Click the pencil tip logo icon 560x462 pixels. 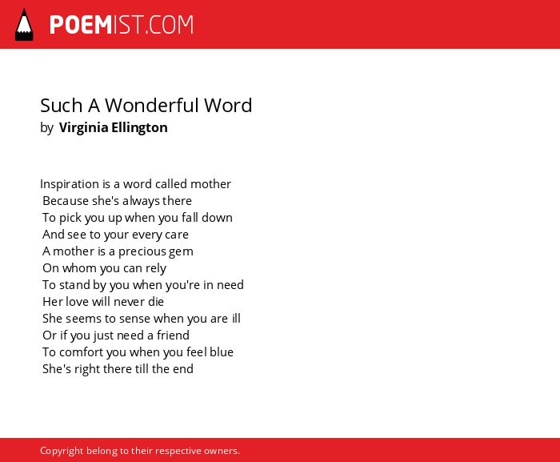(x=24, y=25)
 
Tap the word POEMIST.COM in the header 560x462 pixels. (x=122, y=25)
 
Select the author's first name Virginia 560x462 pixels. (x=83, y=127)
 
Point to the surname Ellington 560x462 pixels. (x=139, y=127)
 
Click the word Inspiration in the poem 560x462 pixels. (x=70, y=184)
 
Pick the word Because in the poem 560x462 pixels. (x=66, y=201)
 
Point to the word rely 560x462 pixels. (x=155, y=268)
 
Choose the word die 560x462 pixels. (x=156, y=302)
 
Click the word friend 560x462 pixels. (x=173, y=335)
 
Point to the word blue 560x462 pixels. (x=222, y=352)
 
